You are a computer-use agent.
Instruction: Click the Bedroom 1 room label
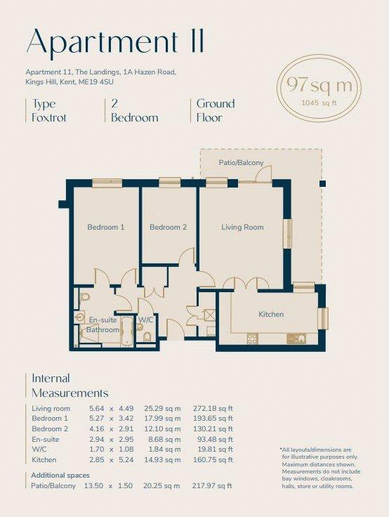coord(106,227)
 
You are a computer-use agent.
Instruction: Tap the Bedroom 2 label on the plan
coord(168,227)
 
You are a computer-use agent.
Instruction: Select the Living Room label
coord(242,227)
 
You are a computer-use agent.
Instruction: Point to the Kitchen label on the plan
coord(271,314)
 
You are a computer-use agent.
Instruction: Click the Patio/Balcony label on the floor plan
coord(242,162)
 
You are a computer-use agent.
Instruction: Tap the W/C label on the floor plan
coord(145,320)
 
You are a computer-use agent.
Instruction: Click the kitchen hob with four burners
coord(253,339)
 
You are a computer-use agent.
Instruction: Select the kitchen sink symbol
coord(296,339)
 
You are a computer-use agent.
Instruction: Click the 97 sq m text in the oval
coord(319,85)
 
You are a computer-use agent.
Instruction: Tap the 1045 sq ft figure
coord(319,103)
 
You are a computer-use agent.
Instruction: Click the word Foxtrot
coord(49,118)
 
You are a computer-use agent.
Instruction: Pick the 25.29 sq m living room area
coord(162,409)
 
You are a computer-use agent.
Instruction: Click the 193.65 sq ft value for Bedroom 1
coord(213,419)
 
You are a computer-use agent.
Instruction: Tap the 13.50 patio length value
coord(93,485)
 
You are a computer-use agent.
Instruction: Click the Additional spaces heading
coord(60,476)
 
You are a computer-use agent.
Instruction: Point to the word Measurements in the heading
coord(70,393)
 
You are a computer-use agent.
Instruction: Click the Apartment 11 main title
coord(115,42)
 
